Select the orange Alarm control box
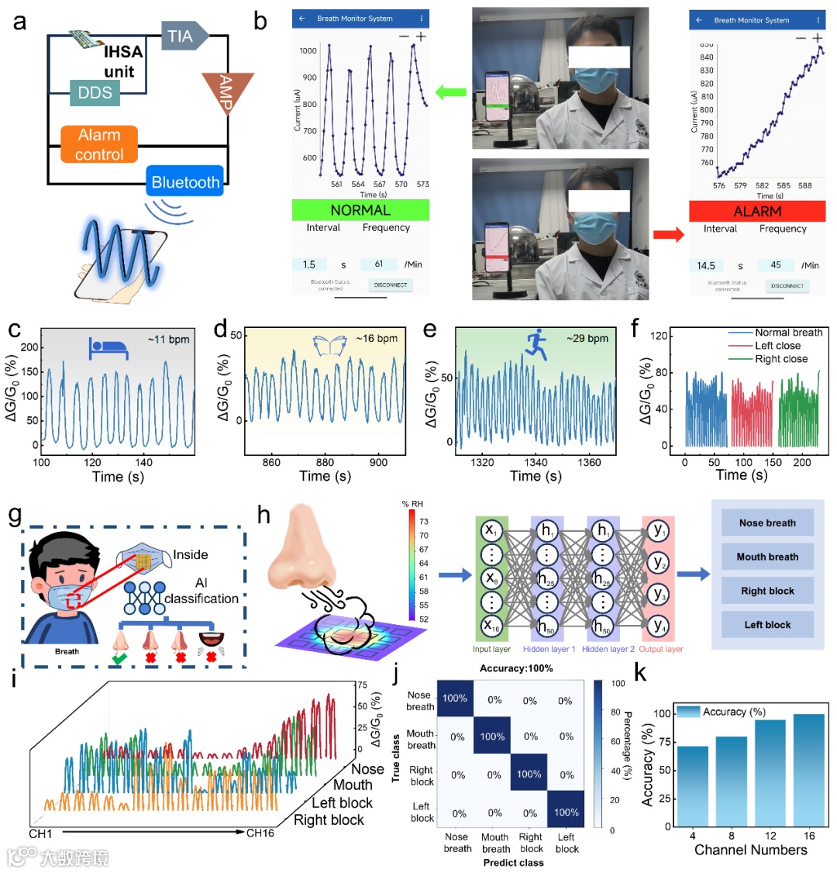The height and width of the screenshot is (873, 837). click(99, 144)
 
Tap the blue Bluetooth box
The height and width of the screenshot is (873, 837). click(185, 183)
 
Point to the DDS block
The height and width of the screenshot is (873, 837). click(95, 93)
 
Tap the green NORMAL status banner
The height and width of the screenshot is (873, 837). click(360, 210)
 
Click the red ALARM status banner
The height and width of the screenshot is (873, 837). click(757, 211)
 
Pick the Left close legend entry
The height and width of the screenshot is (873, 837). click(777, 346)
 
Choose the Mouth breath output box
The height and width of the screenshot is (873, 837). click(767, 557)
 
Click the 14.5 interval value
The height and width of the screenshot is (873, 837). click(706, 265)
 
